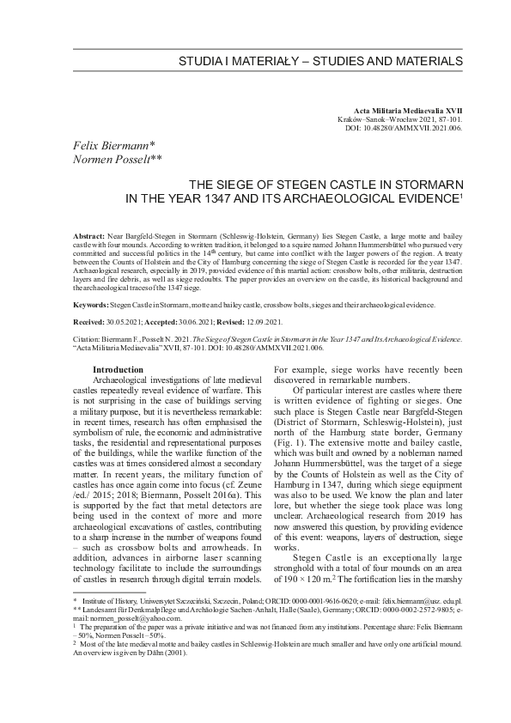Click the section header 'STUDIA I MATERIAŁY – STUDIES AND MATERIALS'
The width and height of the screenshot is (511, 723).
pos(320,63)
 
